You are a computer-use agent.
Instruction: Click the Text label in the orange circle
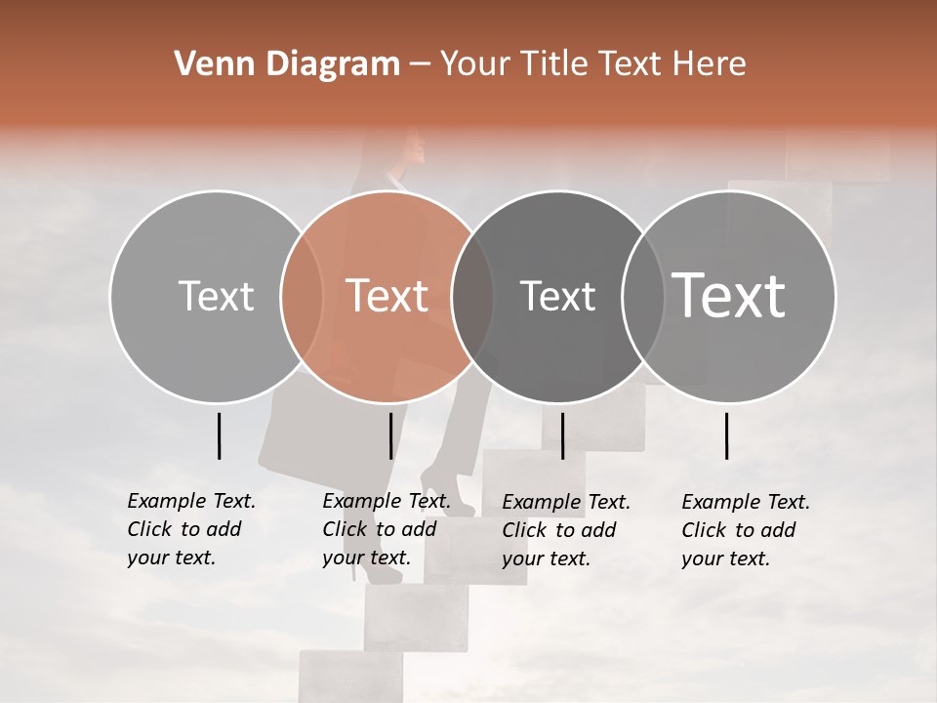click(387, 296)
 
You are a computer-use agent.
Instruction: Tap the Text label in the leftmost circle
click(216, 296)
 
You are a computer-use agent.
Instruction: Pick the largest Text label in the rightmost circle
click(729, 295)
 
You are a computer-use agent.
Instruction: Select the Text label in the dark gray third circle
click(558, 296)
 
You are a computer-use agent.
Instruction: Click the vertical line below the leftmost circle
click(219, 435)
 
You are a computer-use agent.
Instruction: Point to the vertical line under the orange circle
click(390, 435)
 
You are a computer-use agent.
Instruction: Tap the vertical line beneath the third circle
click(562, 435)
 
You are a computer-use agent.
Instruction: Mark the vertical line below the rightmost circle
click(727, 435)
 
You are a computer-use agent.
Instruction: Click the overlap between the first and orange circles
click(302, 296)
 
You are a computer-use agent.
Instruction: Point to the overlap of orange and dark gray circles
click(472, 296)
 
